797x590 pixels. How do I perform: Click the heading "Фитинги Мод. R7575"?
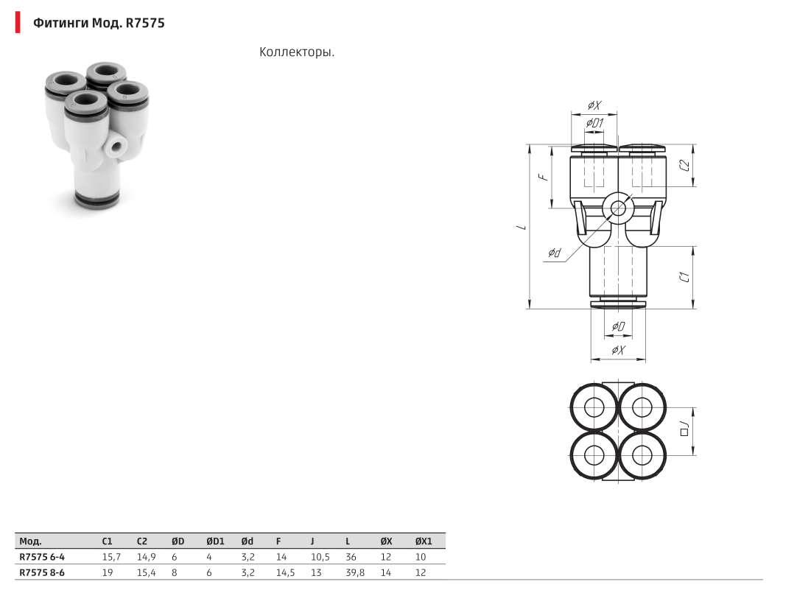coord(99,23)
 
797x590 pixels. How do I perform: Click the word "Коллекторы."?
coord(297,52)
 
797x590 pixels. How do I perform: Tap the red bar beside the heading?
coord(18,22)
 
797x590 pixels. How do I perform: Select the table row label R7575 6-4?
coord(42,557)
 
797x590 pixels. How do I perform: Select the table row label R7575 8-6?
coord(42,573)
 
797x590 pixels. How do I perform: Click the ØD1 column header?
coord(215,541)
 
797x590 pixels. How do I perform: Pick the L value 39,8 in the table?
coord(355,573)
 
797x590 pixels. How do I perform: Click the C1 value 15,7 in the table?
coord(111,557)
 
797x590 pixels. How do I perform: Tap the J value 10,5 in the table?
coord(320,557)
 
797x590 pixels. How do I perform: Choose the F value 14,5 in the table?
coord(285,573)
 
